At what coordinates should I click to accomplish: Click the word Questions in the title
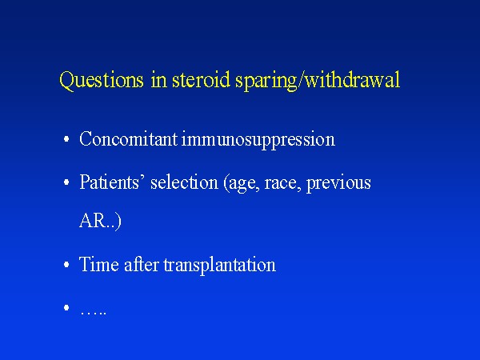coord(102,81)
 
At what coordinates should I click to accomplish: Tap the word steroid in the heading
coord(201,79)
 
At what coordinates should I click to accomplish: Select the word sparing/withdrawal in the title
coord(318,81)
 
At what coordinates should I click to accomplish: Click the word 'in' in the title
coord(159,80)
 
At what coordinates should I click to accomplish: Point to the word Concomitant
coord(128,138)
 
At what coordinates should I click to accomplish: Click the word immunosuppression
coord(258,141)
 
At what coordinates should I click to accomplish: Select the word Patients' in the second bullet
coord(110,182)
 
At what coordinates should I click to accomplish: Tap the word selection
coord(184,182)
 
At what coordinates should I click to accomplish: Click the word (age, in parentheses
coord(242,184)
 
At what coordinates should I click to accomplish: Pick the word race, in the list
coord(282,183)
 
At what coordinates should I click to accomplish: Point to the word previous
coord(338,184)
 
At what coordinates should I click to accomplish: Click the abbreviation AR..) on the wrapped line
coord(101,221)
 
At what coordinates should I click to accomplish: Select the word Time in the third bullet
coord(99,264)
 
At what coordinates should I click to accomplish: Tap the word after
coord(142,264)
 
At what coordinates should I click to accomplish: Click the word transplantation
coord(219,265)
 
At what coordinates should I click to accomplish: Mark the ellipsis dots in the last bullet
coord(93,313)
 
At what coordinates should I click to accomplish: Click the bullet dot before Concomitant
coord(66,139)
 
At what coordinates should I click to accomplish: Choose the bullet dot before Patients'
coord(66,182)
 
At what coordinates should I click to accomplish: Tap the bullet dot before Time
coord(66,265)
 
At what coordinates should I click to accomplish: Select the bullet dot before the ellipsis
coord(66,307)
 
